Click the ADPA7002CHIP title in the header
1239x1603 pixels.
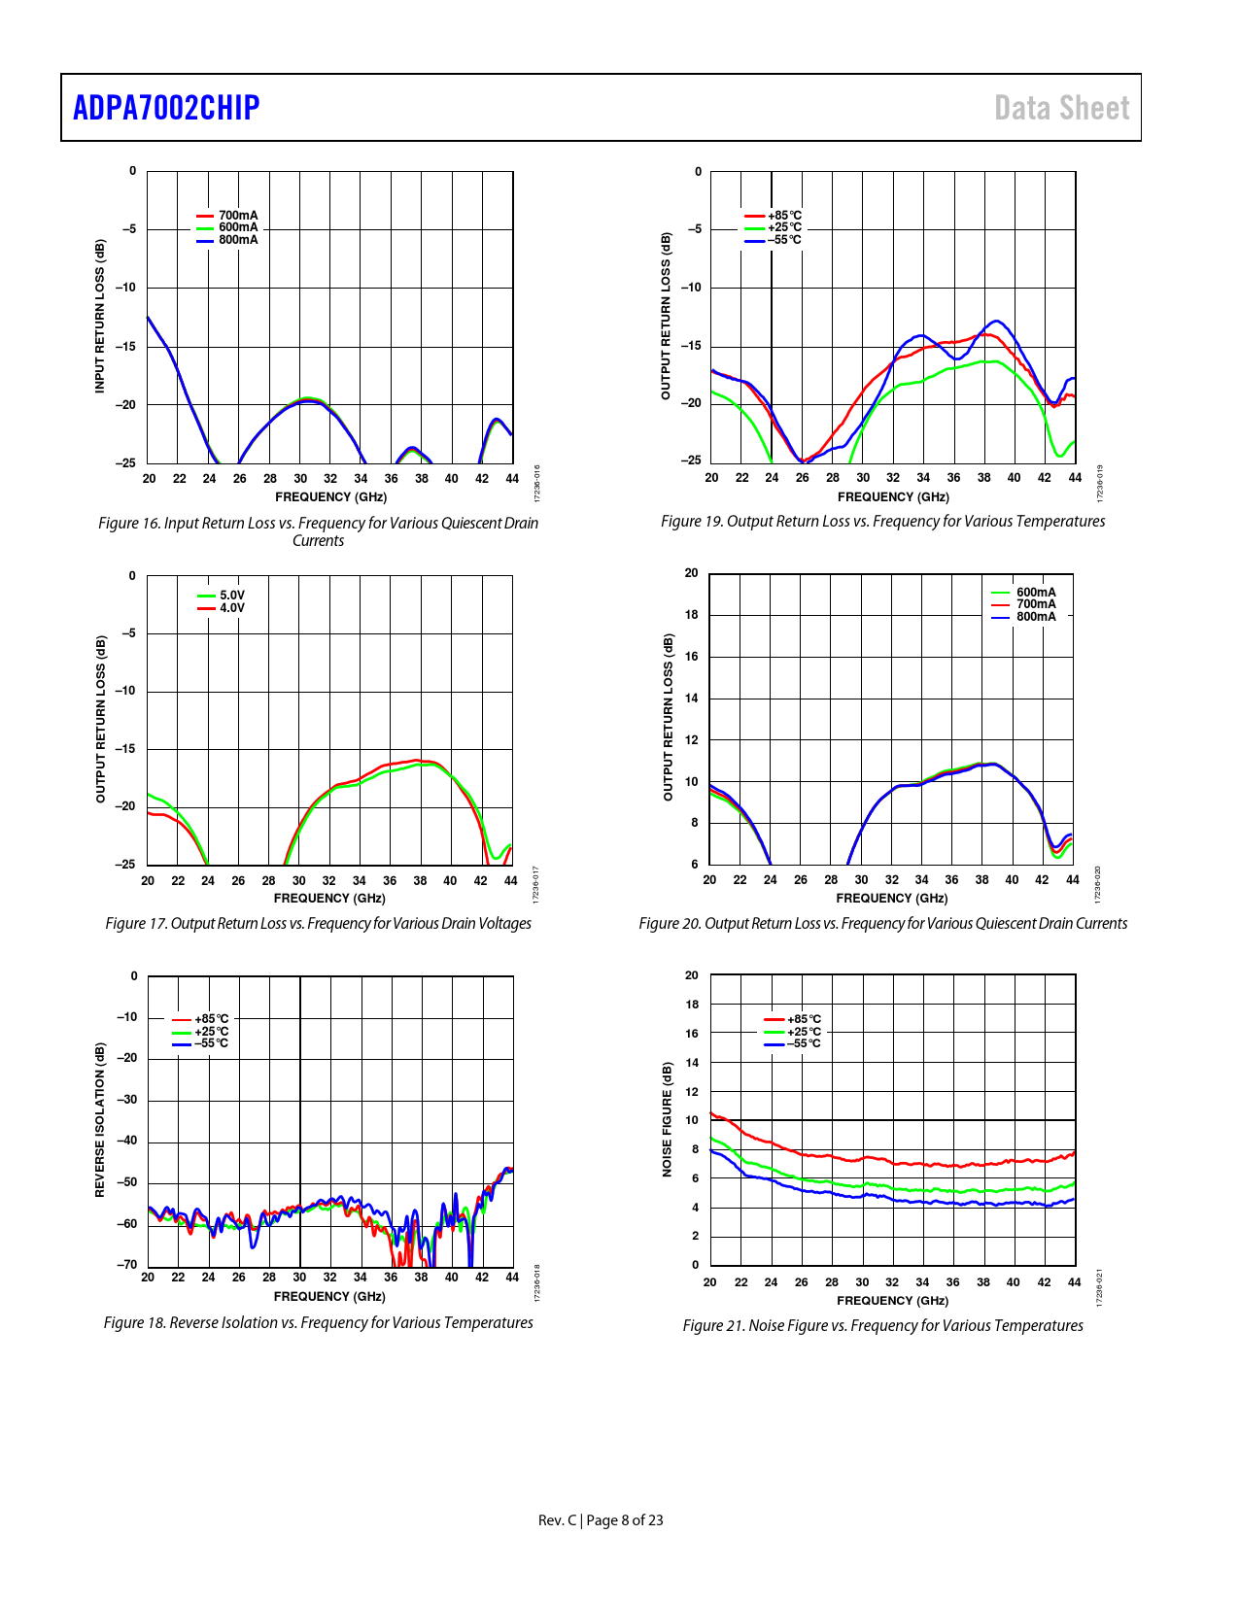(166, 108)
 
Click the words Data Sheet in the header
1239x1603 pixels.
(1061, 108)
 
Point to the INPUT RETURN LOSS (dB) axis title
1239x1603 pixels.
(99, 316)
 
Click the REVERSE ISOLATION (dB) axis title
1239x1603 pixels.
(99, 1119)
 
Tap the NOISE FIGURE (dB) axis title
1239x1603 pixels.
(667, 1119)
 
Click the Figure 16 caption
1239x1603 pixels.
(318, 531)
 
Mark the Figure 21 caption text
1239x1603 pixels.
(882, 1325)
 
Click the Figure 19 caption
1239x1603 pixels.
(882, 522)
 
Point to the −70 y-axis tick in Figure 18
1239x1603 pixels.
(127, 1265)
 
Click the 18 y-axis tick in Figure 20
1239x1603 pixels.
(691, 615)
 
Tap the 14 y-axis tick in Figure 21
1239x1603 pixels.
(692, 1063)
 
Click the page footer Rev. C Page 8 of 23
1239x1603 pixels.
(601, 1520)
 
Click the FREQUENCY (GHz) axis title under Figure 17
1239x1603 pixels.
(329, 899)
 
